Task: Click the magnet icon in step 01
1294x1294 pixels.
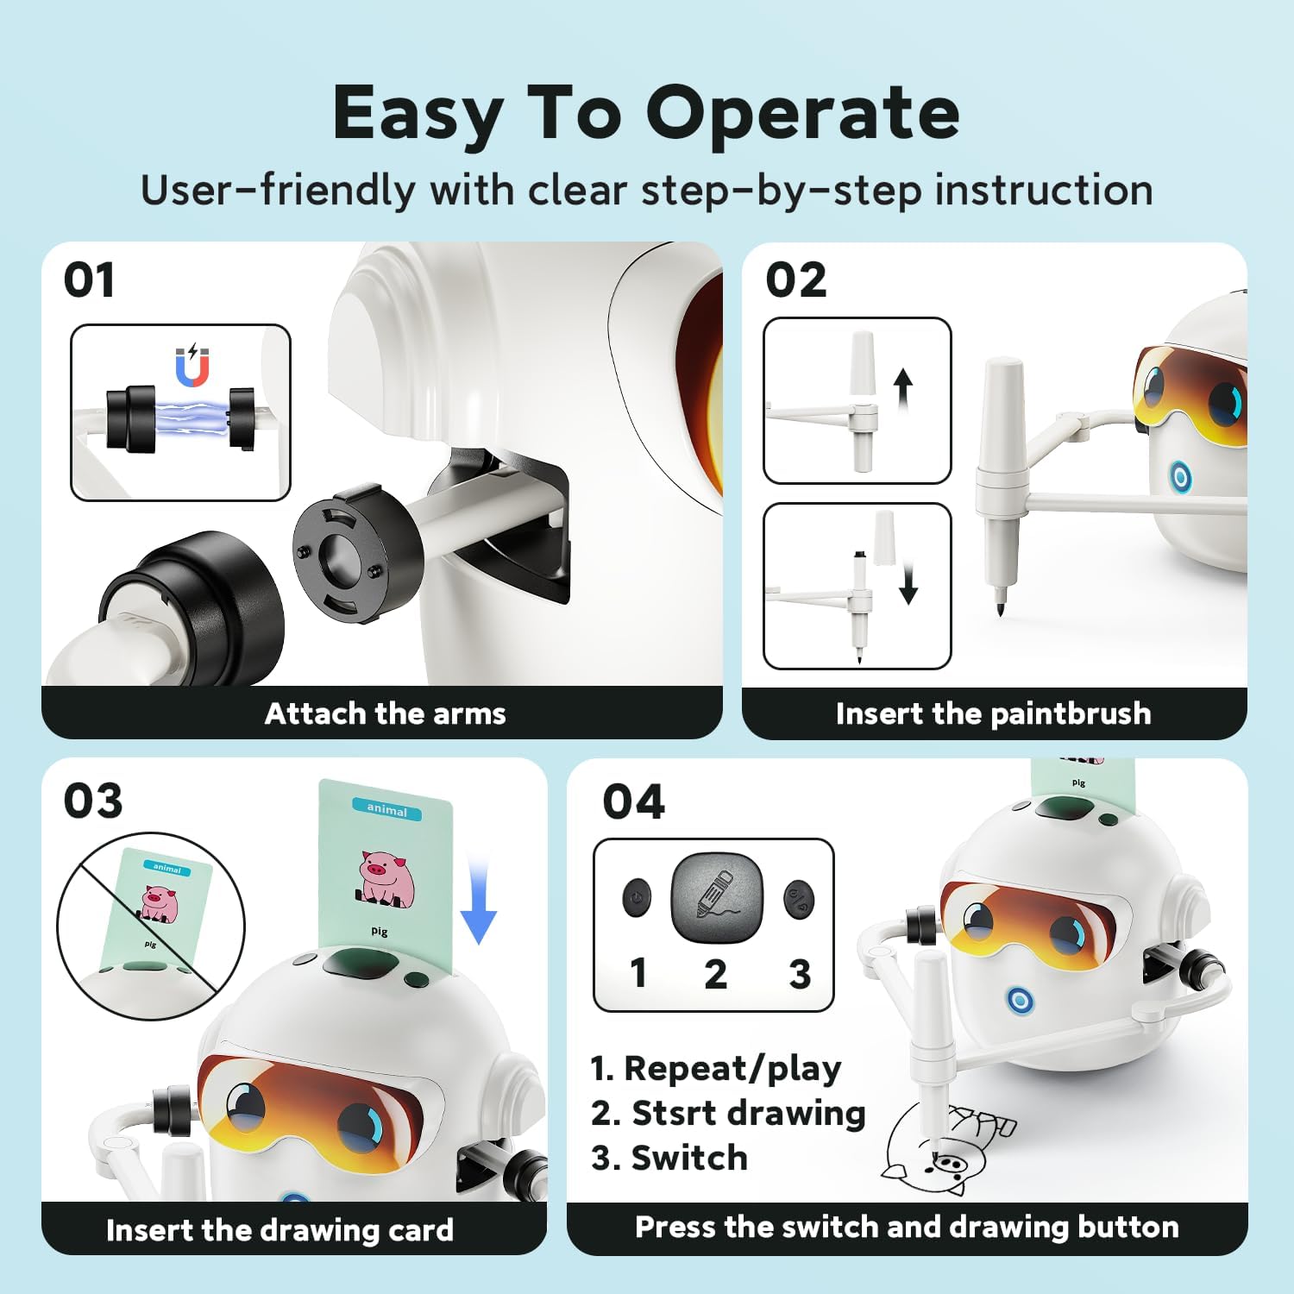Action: (x=192, y=367)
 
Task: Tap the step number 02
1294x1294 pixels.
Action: (x=796, y=280)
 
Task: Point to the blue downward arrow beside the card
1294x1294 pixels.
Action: (x=478, y=901)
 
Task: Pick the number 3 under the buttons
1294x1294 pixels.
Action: (x=800, y=974)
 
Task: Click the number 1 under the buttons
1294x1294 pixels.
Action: (x=638, y=973)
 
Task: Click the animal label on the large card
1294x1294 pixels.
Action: (x=386, y=809)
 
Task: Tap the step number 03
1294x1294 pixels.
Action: (x=93, y=801)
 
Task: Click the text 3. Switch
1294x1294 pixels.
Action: (x=669, y=1158)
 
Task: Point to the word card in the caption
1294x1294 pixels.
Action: (x=421, y=1230)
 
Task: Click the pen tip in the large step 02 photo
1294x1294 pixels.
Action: (x=1001, y=610)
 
